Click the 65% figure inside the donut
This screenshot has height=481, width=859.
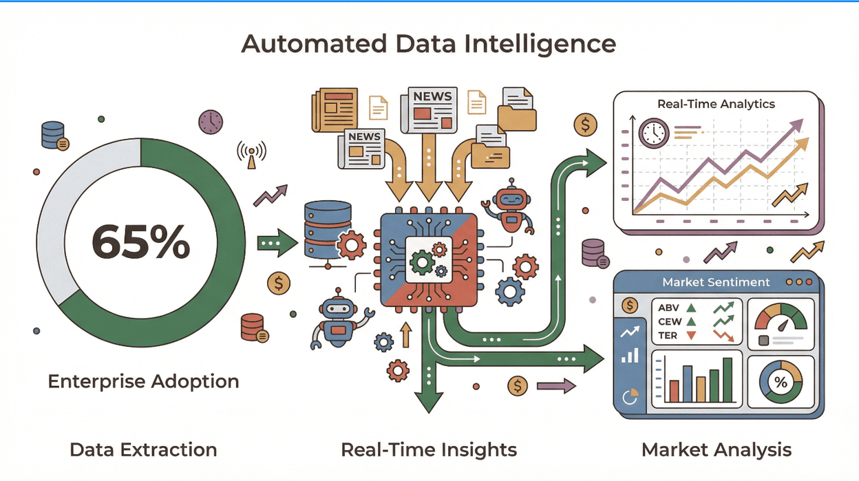point(140,241)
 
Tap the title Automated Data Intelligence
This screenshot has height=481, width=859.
point(429,44)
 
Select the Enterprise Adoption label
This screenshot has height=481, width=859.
point(143,381)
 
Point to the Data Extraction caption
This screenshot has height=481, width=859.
point(143,450)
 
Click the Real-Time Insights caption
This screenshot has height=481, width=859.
point(429,450)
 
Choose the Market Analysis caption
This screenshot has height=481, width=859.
point(717,450)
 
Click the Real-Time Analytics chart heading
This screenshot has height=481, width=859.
point(716,105)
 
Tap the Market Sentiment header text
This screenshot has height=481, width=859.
point(716,282)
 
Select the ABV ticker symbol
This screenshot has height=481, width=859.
point(669,308)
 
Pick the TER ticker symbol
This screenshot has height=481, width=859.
point(668,336)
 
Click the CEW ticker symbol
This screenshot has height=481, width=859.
point(670,321)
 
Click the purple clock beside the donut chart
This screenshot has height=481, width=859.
point(211,122)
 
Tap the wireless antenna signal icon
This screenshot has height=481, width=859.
point(251,155)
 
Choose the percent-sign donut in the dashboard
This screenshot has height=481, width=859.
point(781,382)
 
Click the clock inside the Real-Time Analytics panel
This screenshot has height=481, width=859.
point(653,132)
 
